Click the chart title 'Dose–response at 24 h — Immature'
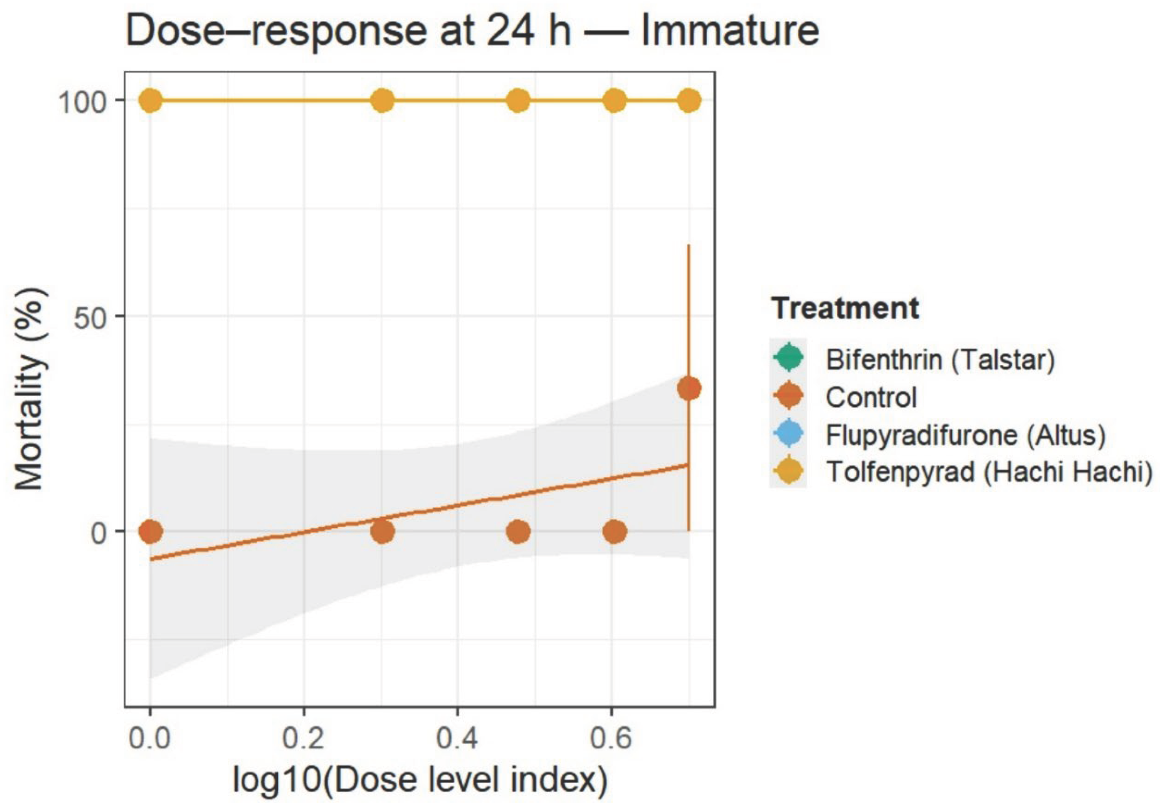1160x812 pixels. coord(472,31)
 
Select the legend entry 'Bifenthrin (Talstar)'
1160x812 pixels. coord(940,360)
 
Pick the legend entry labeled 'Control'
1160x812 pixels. coord(871,397)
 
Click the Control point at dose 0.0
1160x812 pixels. coord(150,532)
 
